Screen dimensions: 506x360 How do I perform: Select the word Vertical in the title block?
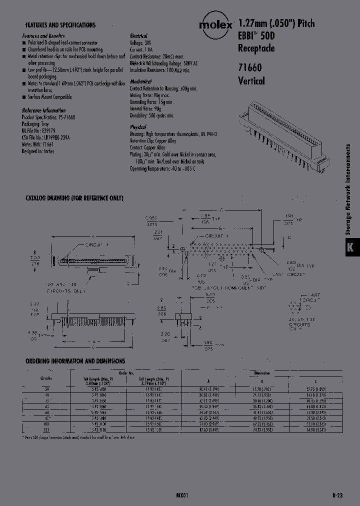coord(251,81)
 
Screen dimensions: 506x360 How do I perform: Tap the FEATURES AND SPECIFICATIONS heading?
coord(60,25)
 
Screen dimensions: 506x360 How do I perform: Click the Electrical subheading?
coord(138,36)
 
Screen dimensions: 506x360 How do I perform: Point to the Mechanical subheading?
coord(140,81)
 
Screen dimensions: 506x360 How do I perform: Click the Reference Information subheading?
coord(44,110)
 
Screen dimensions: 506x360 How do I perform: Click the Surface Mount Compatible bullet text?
coord(49,96)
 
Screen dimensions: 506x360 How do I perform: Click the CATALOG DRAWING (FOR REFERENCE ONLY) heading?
coord(74,198)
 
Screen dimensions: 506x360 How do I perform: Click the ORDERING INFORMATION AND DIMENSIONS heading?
coord(75,361)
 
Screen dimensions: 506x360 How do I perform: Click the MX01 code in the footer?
coord(182,494)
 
